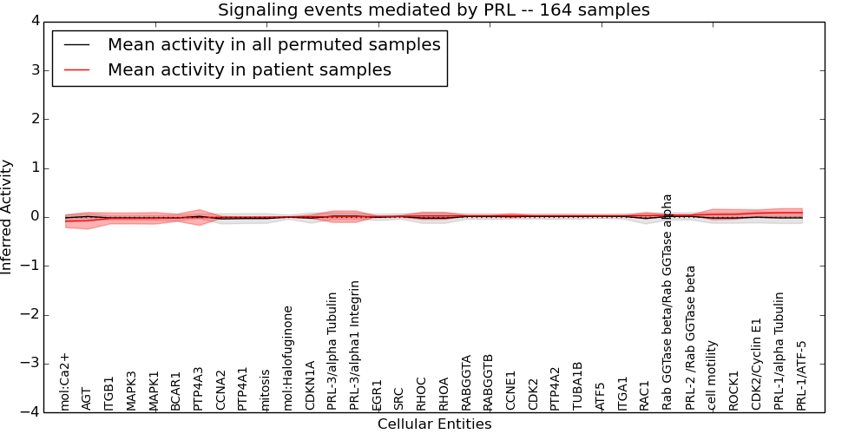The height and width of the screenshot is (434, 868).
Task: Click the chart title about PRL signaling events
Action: click(433, 10)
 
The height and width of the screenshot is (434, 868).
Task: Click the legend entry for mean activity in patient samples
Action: click(249, 69)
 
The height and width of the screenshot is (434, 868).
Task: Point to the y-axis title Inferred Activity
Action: click(8, 216)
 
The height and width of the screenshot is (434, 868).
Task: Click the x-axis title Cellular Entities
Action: click(434, 424)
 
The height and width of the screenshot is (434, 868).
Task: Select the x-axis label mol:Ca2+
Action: click(64, 381)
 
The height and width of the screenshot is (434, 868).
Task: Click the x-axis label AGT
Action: click(87, 398)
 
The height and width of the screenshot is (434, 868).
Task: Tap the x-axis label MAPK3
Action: click(132, 391)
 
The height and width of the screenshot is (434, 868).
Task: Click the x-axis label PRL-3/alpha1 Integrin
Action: click(355, 345)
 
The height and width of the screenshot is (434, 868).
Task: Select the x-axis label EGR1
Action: click(377, 394)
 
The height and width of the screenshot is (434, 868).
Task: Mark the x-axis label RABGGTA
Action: click(467, 382)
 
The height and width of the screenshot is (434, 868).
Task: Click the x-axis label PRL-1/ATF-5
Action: click(802, 375)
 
